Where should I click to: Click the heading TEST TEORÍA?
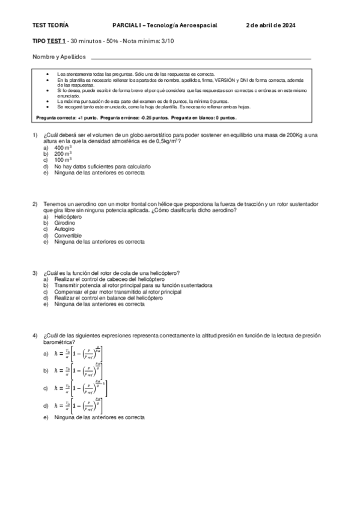pyautogui.click(x=50, y=26)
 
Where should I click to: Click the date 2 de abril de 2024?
pyautogui.click(x=271, y=26)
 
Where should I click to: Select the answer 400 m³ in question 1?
pyautogui.click(x=63, y=148)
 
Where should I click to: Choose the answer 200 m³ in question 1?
pyautogui.click(x=63, y=154)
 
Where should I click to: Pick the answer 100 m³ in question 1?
pyautogui.click(x=63, y=161)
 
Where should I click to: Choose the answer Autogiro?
pyautogui.click(x=66, y=229)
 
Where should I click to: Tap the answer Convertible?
pyautogui.click(x=68, y=236)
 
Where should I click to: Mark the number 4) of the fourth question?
pyautogui.click(x=35, y=335)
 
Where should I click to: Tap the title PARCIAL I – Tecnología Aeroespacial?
pyautogui.click(x=164, y=26)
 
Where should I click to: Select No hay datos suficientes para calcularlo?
pyautogui.click(x=102, y=167)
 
